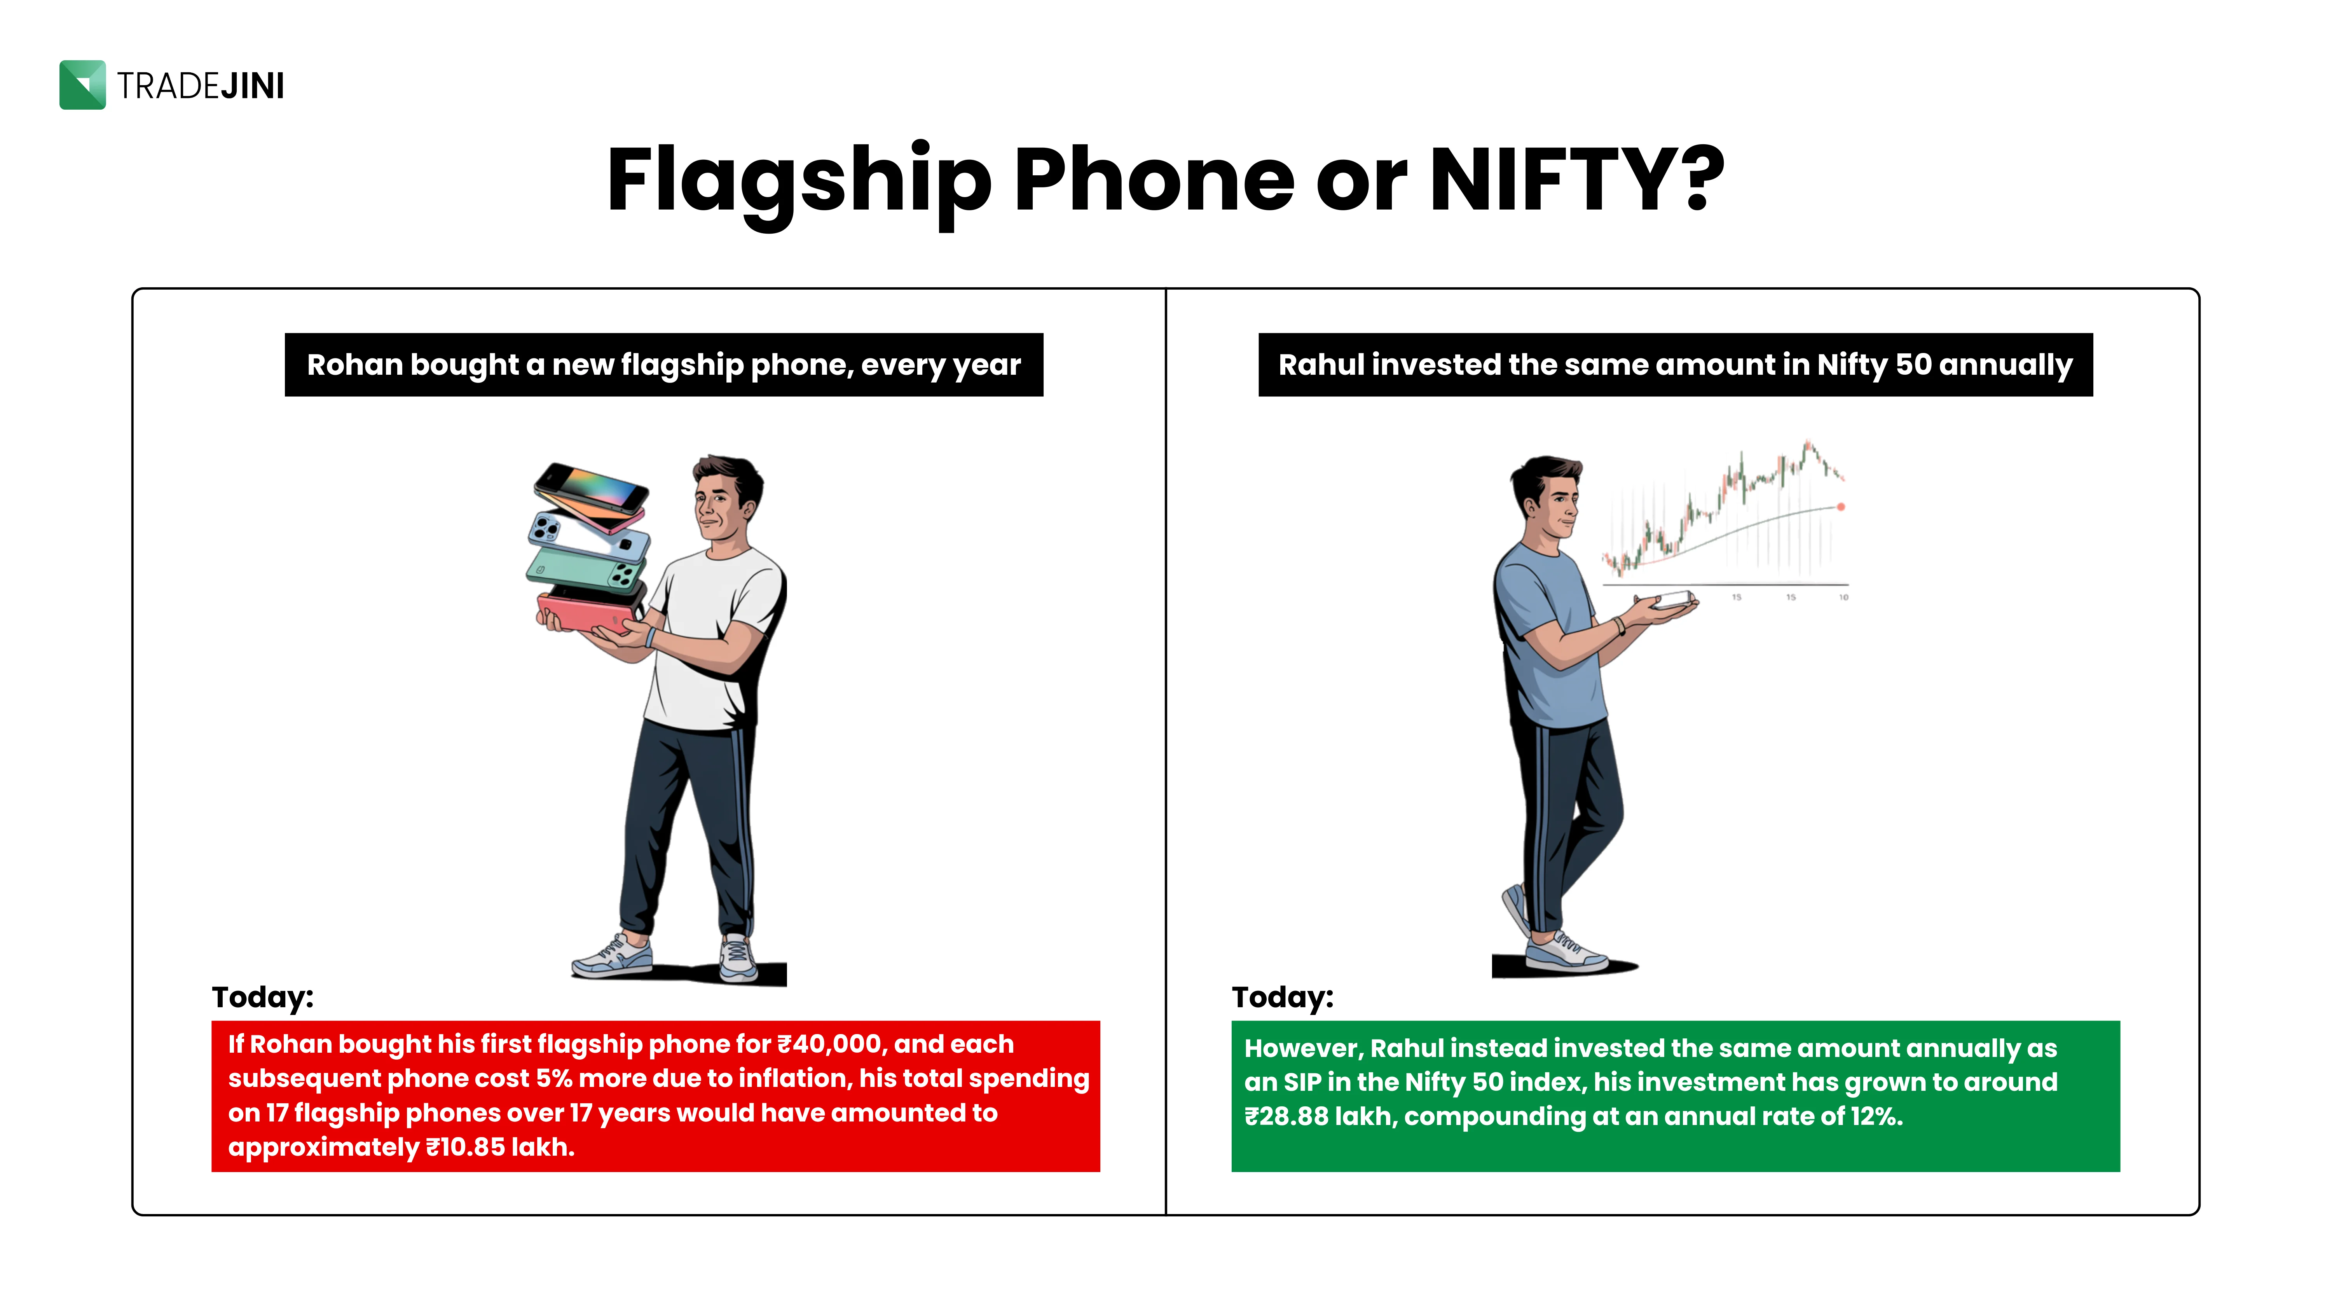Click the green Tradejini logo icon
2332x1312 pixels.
82,85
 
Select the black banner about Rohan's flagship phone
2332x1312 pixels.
663,365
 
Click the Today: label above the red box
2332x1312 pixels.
262,997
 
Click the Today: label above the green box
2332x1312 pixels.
1283,997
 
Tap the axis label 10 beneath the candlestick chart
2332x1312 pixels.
1843,597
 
